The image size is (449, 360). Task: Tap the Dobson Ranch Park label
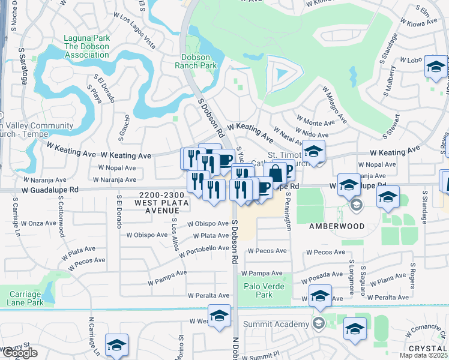coord(199,61)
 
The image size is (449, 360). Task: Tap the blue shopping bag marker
coord(275,173)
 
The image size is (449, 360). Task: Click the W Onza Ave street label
coord(42,223)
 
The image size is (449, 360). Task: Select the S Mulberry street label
coord(391,79)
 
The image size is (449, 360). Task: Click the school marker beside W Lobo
coord(436,67)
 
